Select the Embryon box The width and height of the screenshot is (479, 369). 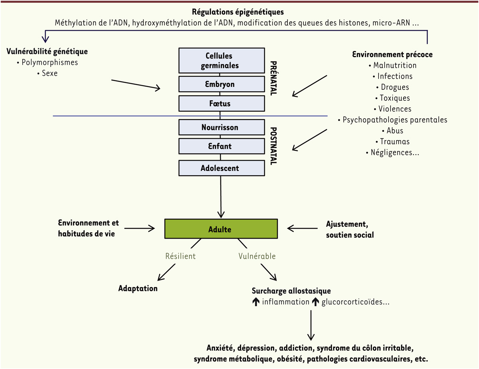(x=222, y=84)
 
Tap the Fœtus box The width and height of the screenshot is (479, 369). (x=222, y=104)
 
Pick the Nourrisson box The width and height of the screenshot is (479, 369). (x=222, y=127)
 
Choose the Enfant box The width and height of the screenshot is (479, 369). (x=222, y=146)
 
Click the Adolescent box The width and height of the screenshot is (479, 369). (x=222, y=168)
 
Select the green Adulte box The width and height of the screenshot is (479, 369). (x=221, y=229)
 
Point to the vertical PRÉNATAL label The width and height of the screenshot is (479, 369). (x=274, y=78)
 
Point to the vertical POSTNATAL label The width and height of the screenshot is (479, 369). (x=274, y=146)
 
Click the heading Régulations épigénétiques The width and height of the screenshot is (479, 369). (x=238, y=12)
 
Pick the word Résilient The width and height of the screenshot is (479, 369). (x=180, y=256)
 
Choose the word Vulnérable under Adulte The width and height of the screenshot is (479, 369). (x=257, y=256)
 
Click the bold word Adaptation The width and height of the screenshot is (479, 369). (x=138, y=288)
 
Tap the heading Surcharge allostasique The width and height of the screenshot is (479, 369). (x=291, y=291)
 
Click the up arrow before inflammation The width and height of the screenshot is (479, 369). (x=256, y=302)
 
